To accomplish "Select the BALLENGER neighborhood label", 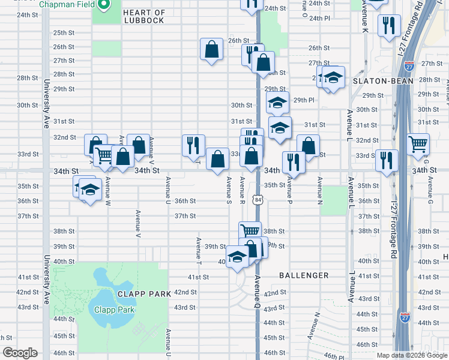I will click(304, 275).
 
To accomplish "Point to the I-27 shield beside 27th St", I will click(409, 66).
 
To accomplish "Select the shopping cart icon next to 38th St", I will click(250, 230).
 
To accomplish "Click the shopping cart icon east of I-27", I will click(418, 143).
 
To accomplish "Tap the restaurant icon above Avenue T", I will click(193, 145).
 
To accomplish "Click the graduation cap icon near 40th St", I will click(238, 257).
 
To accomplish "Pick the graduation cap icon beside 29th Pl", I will click(277, 102).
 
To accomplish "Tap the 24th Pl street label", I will click(319, 18).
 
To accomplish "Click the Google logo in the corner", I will click(19, 353).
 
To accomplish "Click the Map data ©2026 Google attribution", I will click(412, 355).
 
